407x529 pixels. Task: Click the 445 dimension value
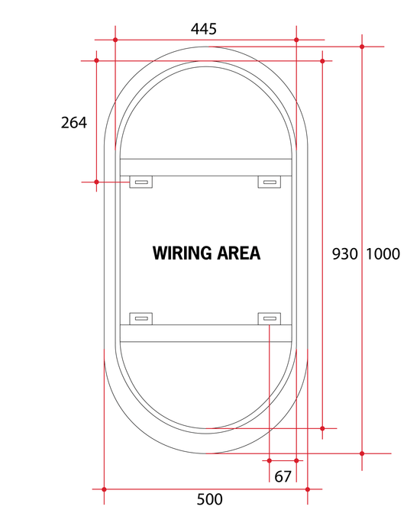[x=203, y=29]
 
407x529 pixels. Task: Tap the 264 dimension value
[x=74, y=122]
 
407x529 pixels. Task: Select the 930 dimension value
[x=344, y=254]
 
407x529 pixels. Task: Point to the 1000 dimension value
[x=383, y=254]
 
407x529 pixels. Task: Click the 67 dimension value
[x=283, y=476]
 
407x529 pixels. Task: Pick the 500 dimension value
[x=209, y=499]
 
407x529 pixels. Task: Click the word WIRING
[x=183, y=253]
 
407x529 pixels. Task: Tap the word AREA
[x=238, y=253]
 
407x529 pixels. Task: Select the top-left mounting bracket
[x=141, y=182]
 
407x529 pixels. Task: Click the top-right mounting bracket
[x=270, y=182]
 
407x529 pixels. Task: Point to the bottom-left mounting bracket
[x=141, y=319]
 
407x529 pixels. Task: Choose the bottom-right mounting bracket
[x=270, y=319]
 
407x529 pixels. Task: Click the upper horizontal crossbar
[x=206, y=167]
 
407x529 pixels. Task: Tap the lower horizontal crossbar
[x=206, y=334]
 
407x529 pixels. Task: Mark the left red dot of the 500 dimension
[x=104, y=489]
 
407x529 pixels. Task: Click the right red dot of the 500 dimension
[x=308, y=489]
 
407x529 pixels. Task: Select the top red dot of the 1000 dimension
[x=362, y=47]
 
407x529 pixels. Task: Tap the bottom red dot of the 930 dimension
[x=322, y=428]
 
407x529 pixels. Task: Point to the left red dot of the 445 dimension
[x=115, y=40]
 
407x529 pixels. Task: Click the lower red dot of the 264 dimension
[x=96, y=182]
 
